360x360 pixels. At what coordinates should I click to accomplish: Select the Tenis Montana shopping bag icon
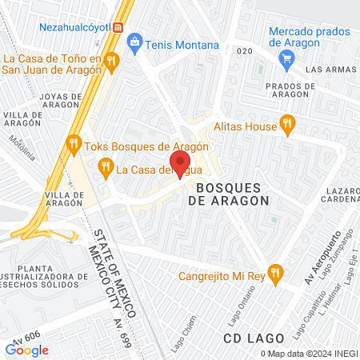[x=134, y=42]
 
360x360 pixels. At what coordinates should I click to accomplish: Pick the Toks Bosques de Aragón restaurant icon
[x=74, y=144]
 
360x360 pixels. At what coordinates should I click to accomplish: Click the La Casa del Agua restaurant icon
[x=105, y=166]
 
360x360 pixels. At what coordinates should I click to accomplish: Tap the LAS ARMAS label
[x=330, y=69]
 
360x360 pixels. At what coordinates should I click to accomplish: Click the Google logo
[x=27, y=350]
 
